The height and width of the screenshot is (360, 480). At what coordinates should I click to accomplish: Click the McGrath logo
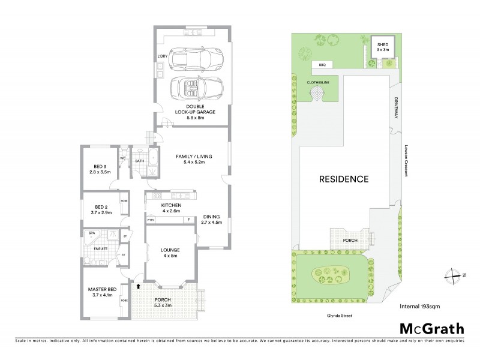431,328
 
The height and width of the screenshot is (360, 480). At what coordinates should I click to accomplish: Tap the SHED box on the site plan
382,47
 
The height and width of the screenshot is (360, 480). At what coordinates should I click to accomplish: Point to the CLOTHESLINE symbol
316,94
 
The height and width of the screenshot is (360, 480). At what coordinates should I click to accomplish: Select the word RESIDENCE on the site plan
343,179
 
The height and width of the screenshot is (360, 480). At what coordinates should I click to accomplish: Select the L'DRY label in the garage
162,57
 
